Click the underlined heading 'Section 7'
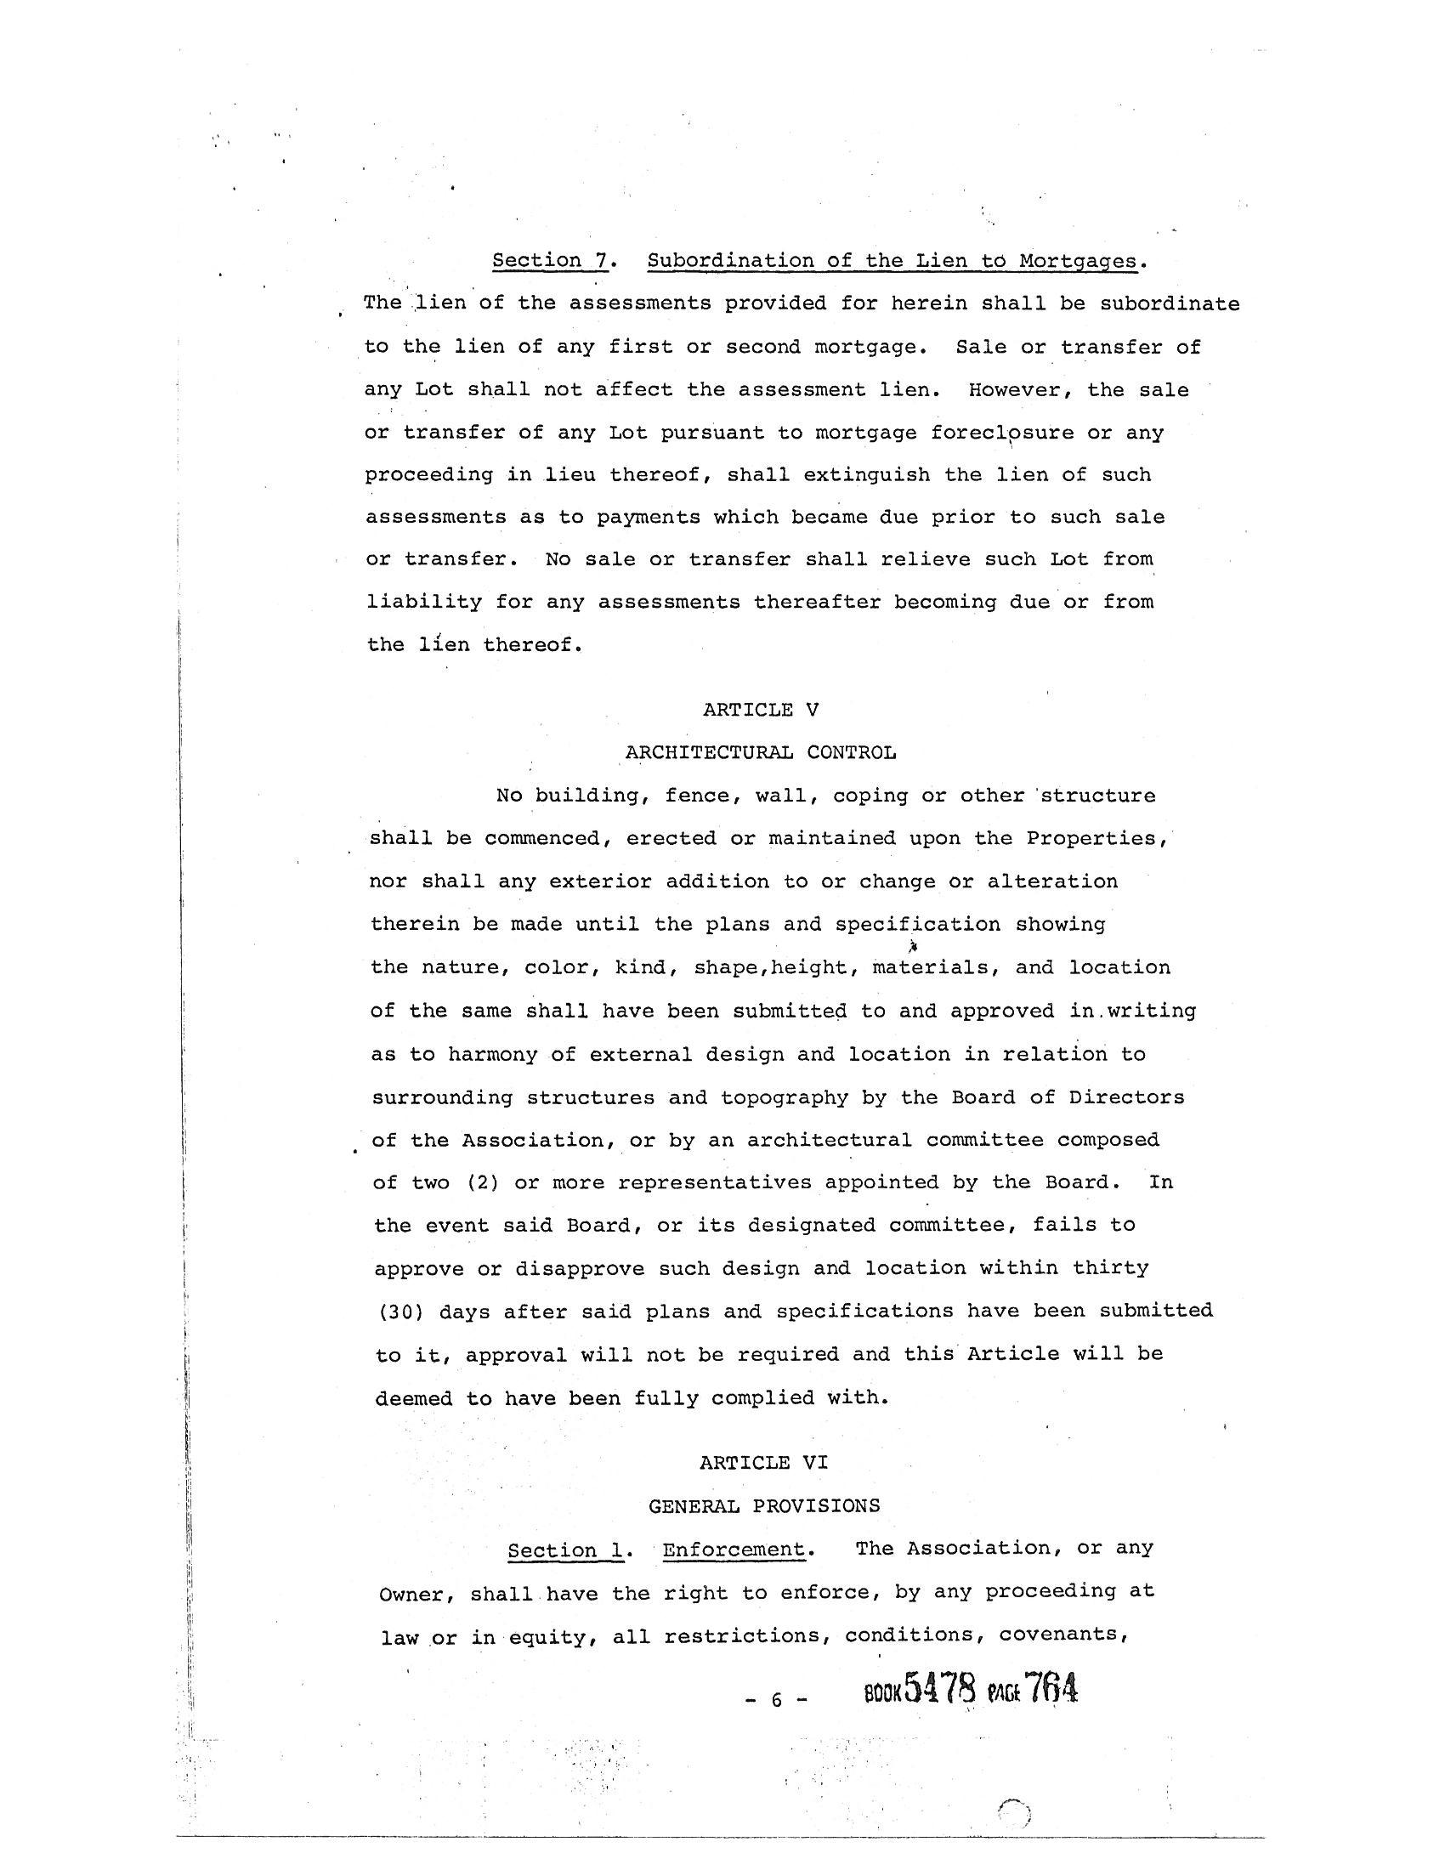pyautogui.click(x=550, y=260)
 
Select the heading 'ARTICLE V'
pyautogui.click(x=761, y=710)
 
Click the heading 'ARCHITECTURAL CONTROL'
pyautogui.click(x=761, y=752)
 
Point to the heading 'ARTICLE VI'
pyautogui.click(x=763, y=1463)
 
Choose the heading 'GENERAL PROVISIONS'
pyautogui.click(x=763, y=1505)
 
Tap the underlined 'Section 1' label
pyautogui.click(x=565, y=1550)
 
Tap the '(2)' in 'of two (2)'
pyautogui.click(x=483, y=1182)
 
